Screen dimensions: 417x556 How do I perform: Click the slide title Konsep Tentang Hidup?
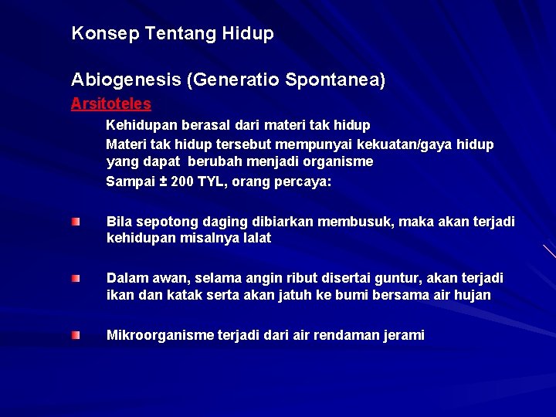pyautogui.click(x=172, y=34)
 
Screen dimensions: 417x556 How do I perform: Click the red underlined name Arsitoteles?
pyautogui.click(x=110, y=103)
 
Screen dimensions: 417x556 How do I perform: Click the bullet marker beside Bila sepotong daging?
pyautogui.click(x=75, y=222)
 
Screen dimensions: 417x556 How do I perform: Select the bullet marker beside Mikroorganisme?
pyautogui.click(x=75, y=335)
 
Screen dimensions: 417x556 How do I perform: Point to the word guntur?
pyautogui.click(x=415, y=278)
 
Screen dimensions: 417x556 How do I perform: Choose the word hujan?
pyautogui.click(x=472, y=295)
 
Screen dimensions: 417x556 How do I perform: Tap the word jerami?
pyautogui.click(x=402, y=335)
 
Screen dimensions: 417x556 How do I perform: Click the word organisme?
pyautogui.click(x=338, y=162)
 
